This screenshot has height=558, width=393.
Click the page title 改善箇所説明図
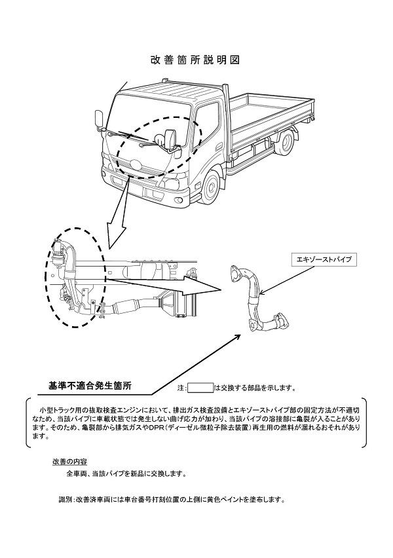click(x=196, y=60)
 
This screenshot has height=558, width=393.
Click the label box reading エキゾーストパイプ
click(x=322, y=260)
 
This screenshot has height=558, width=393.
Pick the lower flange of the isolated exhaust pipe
click(x=282, y=321)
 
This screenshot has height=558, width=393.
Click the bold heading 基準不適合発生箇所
click(x=90, y=384)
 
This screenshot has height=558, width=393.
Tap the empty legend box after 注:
click(x=200, y=388)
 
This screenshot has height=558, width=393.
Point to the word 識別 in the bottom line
click(x=65, y=500)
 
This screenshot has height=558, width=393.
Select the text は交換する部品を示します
click(x=249, y=388)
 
